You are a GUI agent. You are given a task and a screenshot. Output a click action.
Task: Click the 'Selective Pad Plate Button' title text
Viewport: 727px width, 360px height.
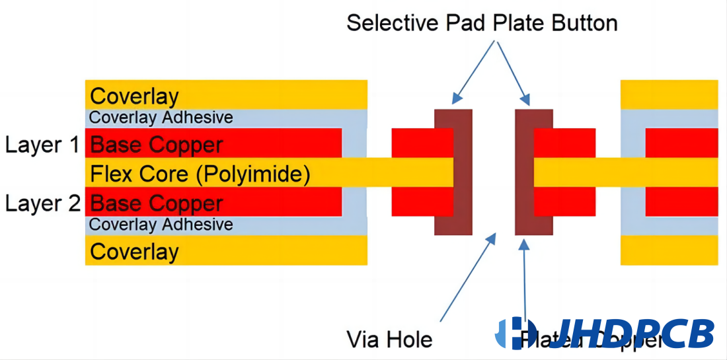482,23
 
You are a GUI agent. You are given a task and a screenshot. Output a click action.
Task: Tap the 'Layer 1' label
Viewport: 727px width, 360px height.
42,145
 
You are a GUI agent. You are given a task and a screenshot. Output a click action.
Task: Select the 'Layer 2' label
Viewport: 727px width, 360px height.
42,203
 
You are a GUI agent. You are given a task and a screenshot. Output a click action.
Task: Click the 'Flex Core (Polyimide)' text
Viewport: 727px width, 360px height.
200,174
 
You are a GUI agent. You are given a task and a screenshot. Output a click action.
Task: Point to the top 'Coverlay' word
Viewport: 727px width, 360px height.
134,96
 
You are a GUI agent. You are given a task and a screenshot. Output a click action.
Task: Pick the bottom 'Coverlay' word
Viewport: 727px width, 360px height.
134,252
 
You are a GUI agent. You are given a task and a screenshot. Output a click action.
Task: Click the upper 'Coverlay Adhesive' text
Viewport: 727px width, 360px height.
161,118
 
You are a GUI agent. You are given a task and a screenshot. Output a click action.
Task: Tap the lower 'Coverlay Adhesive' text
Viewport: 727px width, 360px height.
161,225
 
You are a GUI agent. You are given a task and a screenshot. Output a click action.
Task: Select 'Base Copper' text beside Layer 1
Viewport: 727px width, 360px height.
156,145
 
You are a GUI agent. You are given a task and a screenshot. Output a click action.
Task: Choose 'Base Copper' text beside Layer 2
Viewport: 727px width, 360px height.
156,203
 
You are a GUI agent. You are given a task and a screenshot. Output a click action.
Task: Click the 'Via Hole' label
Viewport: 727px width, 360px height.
389,340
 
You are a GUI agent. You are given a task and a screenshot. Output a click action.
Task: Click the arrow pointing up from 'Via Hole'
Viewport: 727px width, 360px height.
467,277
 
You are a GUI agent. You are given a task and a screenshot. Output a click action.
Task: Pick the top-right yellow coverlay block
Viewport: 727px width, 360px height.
669,94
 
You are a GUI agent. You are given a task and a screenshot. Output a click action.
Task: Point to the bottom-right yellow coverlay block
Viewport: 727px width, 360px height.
669,250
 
